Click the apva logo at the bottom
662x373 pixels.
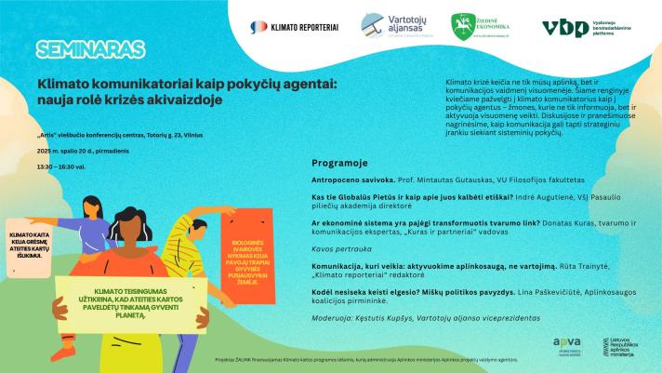click(563, 344)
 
